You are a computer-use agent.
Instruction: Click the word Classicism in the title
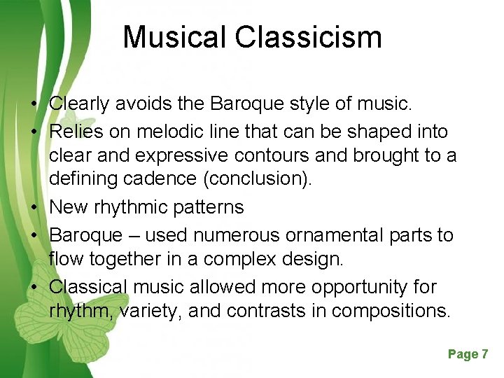[x=309, y=37]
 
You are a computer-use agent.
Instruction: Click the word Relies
[x=76, y=131]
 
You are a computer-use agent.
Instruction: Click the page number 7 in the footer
[x=484, y=354]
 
